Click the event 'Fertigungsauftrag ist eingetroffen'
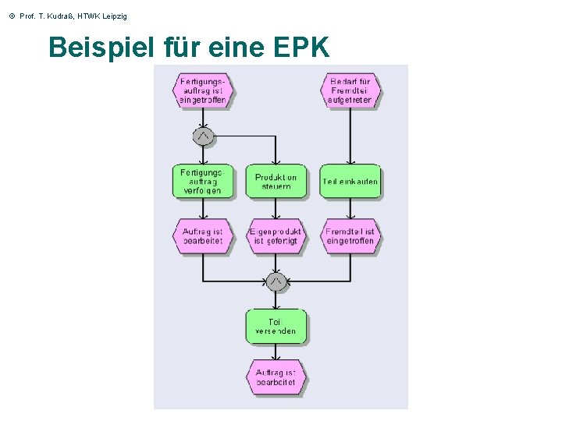click(203, 90)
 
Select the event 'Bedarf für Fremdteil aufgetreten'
click(350, 90)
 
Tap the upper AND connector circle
click(203, 136)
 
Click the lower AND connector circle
click(276, 281)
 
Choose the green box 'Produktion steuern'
click(276, 182)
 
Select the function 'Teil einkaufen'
click(350, 182)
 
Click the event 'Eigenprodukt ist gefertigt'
click(276, 236)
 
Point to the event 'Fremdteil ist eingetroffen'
click(350, 236)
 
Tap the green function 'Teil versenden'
click(276, 327)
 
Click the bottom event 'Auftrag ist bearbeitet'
click(276, 377)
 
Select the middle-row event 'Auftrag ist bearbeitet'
click(203, 236)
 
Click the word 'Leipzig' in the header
click(114, 16)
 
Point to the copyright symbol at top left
click(12, 16)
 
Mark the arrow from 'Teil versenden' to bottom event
click(276, 352)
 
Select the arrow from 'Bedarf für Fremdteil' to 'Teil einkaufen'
click(350, 136)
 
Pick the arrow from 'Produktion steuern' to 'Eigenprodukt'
click(276, 208)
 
